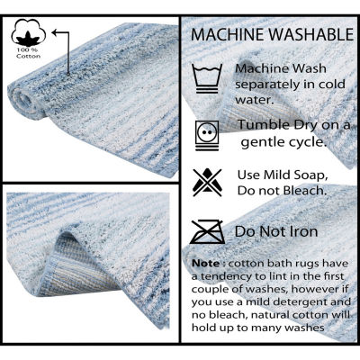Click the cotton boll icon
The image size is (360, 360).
pos(29,32)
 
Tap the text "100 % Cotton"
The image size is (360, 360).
pos(29,53)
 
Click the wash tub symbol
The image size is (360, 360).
pos(207,78)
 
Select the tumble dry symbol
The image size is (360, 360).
pos(207,135)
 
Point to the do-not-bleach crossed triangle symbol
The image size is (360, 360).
pos(207,183)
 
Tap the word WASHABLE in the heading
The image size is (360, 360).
pos(311,34)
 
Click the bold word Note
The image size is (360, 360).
pos(206,264)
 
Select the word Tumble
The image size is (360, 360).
pos(260,125)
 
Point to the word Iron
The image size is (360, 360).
pos(303,231)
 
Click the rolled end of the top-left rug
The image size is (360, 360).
pos(25,102)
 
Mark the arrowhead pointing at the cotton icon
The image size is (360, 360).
pos(54,32)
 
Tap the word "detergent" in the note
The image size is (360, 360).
pos(287,301)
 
